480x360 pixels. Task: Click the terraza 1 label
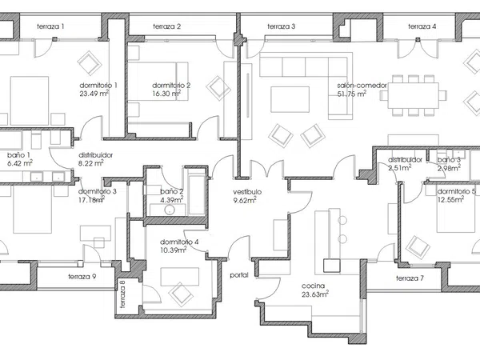[x=50, y=26]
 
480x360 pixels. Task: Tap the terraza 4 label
[x=422, y=26]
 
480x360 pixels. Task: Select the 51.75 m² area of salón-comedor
[x=352, y=94]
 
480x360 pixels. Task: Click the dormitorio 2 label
[x=171, y=85]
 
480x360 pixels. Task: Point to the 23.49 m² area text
[x=94, y=93]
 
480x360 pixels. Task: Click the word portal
[x=239, y=275]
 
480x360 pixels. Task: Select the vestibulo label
[x=247, y=192]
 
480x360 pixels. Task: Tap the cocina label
[x=313, y=286]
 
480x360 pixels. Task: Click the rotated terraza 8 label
[x=122, y=294]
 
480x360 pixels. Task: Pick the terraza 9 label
[x=82, y=277]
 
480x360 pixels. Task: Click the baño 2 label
[x=172, y=192]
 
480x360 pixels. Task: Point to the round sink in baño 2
[x=170, y=210]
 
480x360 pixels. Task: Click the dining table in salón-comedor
[x=413, y=95]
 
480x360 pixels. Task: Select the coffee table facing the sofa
[x=290, y=99]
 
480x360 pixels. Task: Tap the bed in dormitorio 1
[x=30, y=101]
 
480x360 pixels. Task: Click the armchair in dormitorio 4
[x=181, y=294]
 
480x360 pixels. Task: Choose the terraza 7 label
[x=410, y=278]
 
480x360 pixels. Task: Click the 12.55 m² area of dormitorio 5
[x=450, y=200]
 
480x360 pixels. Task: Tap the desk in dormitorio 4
[x=180, y=277]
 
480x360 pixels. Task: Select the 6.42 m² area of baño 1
[x=20, y=163]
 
